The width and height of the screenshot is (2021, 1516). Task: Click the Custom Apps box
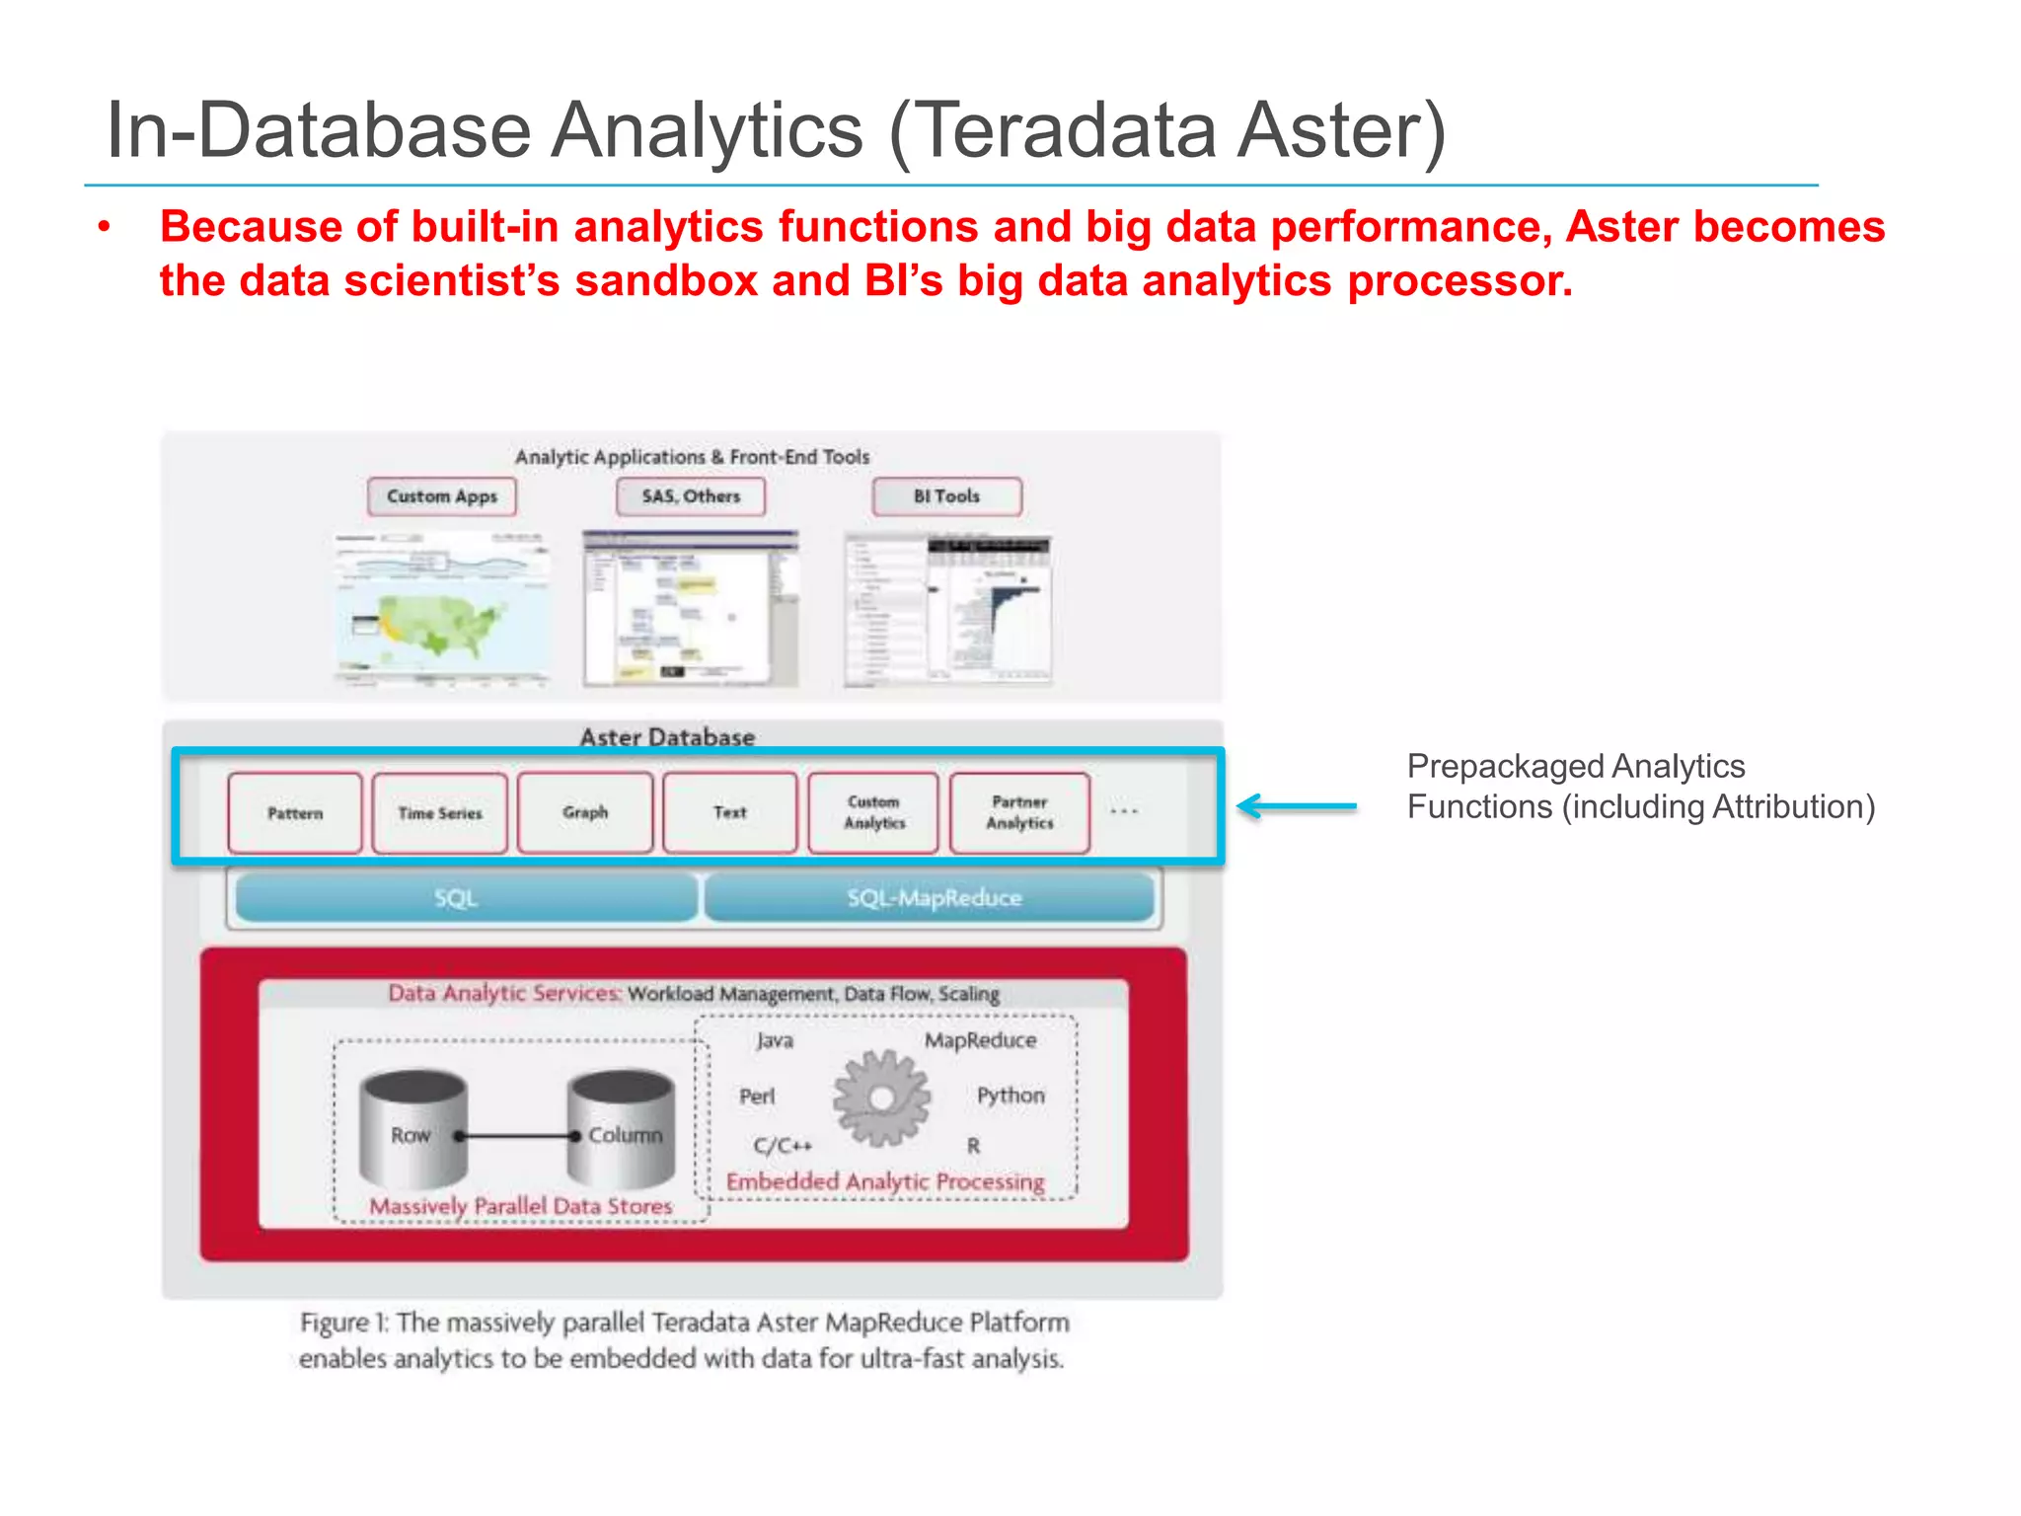click(x=441, y=496)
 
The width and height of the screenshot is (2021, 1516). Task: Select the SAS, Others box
click(x=691, y=496)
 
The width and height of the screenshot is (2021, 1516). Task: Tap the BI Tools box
click(x=946, y=496)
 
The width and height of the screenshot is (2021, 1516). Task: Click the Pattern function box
click(x=295, y=813)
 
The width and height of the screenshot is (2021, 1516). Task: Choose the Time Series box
click(x=440, y=813)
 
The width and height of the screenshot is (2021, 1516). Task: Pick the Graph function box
click(x=585, y=813)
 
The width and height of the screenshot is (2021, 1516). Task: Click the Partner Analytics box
click(x=1019, y=813)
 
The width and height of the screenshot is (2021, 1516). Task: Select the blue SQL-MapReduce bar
click(x=932, y=898)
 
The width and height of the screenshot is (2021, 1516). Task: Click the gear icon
click(x=881, y=1098)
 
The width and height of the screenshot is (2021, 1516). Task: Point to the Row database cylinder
click(x=412, y=1130)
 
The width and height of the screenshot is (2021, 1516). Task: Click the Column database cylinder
click(x=622, y=1130)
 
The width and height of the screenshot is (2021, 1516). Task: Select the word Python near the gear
click(x=1010, y=1096)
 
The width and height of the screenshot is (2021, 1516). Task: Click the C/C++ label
click(x=783, y=1146)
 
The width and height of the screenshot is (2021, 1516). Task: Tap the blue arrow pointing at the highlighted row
click(x=1297, y=807)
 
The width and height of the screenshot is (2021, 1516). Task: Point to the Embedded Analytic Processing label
click(x=885, y=1181)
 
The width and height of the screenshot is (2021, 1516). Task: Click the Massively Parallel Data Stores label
click(x=521, y=1206)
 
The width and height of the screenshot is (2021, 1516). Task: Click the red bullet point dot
click(x=105, y=228)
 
